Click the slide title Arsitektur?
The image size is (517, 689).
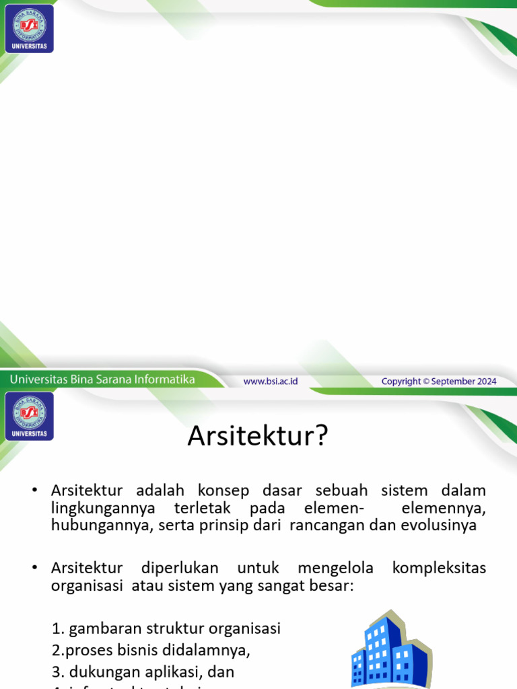pos(257,436)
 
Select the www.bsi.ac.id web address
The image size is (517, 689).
pos(271,381)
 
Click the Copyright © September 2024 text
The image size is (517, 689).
pos(439,381)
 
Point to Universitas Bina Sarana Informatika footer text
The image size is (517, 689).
pos(102,379)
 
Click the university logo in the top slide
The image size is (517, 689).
pos(29,28)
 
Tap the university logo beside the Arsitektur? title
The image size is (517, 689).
pos(29,416)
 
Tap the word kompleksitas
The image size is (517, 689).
pos(439,569)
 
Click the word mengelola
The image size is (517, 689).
pos(335,569)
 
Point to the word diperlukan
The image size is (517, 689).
pos(180,569)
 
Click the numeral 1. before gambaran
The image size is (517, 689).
pos(58,628)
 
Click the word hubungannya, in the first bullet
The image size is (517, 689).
pos(100,525)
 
